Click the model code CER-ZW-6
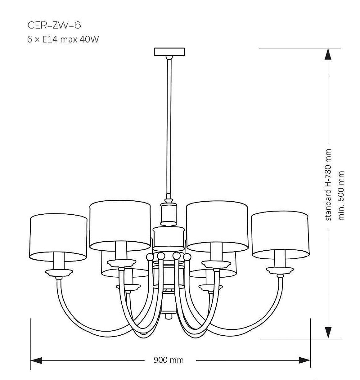pos(54,25)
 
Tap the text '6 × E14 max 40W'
pos(63,39)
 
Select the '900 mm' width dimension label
pos(169,360)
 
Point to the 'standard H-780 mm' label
pos(328,185)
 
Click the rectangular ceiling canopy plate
pos(169,51)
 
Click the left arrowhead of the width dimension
pos(36,360)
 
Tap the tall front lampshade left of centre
pos(120,226)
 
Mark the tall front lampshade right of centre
pos(217,226)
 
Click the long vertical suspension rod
pos(169,127)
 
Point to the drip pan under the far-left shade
pos(59,273)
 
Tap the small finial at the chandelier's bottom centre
pos(169,316)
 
